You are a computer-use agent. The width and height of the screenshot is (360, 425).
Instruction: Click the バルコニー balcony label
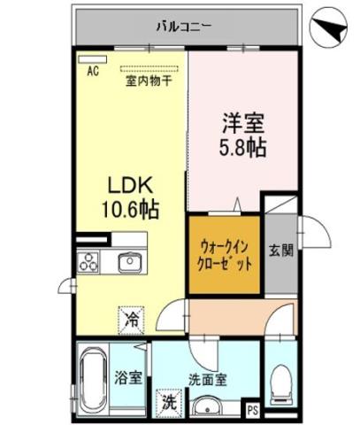tap(183, 26)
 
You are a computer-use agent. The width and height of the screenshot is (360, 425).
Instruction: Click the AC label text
tap(92, 74)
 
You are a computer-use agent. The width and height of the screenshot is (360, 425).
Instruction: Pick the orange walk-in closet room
tap(224, 255)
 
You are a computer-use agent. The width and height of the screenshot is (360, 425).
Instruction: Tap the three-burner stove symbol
tap(91, 262)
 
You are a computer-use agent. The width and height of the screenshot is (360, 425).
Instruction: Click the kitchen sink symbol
tap(130, 262)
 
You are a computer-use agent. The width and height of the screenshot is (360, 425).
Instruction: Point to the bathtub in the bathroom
tap(92, 375)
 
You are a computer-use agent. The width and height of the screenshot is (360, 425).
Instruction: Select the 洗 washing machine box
tap(167, 401)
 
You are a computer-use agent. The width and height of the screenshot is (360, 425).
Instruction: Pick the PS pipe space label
tap(253, 410)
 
